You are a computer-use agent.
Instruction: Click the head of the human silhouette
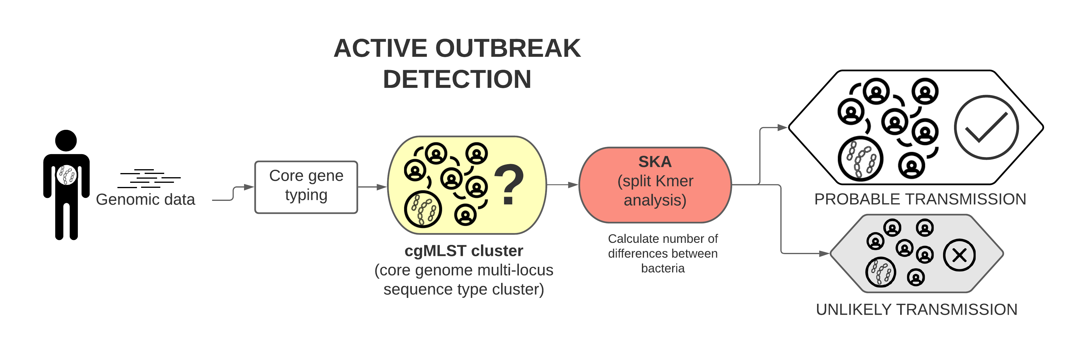pyautogui.click(x=66, y=141)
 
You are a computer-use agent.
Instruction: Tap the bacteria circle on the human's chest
pyautogui.click(x=67, y=175)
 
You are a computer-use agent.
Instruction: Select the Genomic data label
pyautogui.click(x=145, y=199)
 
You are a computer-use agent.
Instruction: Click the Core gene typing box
pyautogui.click(x=306, y=187)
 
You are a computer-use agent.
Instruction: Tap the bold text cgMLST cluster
pyautogui.click(x=464, y=251)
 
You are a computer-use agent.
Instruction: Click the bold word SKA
pyautogui.click(x=655, y=162)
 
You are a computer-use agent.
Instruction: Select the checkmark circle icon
pyautogui.click(x=986, y=127)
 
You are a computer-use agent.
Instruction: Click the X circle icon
pyautogui.click(x=959, y=255)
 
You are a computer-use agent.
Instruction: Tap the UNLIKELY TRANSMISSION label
pyautogui.click(x=917, y=309)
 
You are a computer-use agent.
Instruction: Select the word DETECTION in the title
pyautogui.click(x=457, y=79)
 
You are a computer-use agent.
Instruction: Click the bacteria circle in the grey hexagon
pyautogui.click(x=881, y=272)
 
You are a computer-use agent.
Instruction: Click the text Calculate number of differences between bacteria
pyautogui.click(x=663, y=253)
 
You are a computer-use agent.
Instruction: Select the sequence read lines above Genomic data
pyautogui.click(x=149, y=179)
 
